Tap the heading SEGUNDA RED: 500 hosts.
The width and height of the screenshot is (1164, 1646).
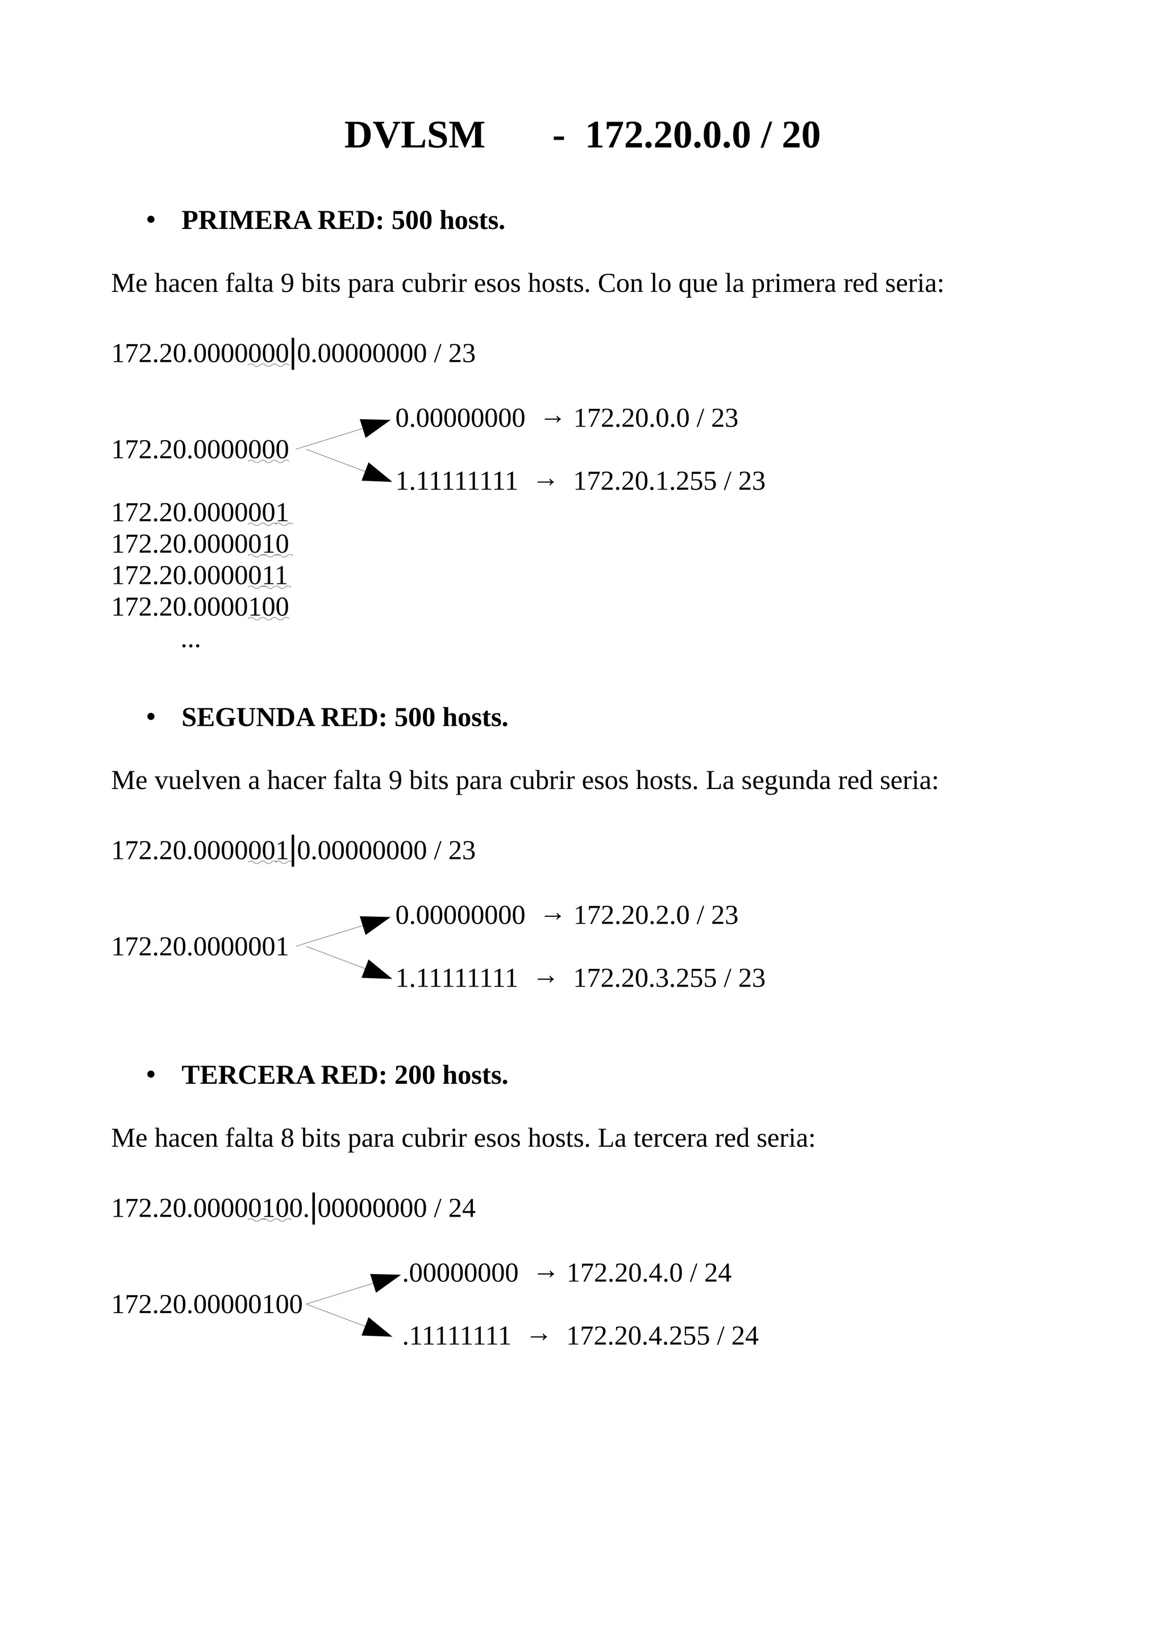[x=344, y=717]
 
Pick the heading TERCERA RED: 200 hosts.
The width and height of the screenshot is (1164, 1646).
[x=344, y=1075]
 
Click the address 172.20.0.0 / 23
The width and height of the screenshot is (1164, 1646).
[x=655, y=418]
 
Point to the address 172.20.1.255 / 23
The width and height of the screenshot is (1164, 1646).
[x=669, y=481]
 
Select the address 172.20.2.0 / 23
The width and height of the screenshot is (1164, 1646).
[x=655, y=915]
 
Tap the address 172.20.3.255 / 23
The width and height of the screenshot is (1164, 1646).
[x=669, y=978]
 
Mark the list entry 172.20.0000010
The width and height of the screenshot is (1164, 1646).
[x=200, y=544]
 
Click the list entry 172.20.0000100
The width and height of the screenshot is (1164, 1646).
[x=200, y=607]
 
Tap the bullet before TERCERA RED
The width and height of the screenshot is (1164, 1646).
[x=151, y=1075]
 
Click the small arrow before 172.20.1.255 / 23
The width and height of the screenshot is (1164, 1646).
[x=545, y=481]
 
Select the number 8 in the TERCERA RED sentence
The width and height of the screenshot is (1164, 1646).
[x=287, y=1138]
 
